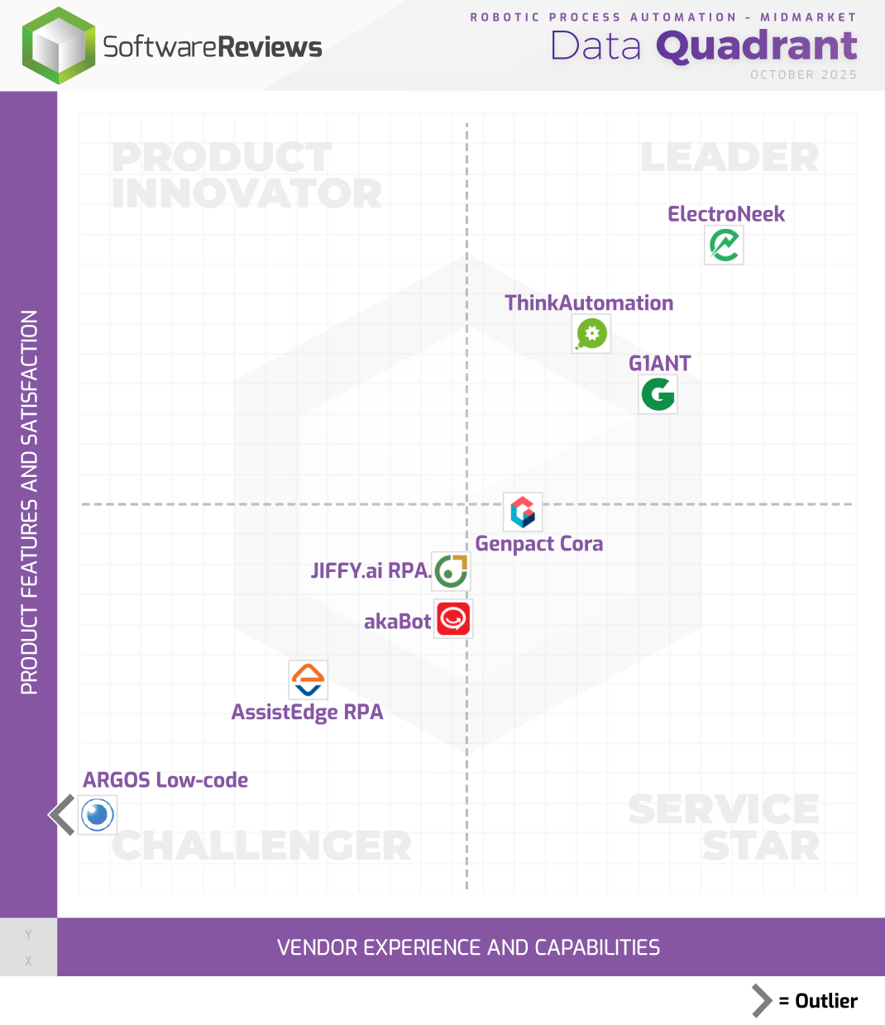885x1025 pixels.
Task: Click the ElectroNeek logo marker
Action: click(724, 245)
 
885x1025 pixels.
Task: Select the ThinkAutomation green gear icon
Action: click(591, 334)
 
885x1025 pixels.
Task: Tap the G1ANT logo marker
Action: click(658, 394)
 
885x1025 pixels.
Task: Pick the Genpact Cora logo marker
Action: click(523, 512)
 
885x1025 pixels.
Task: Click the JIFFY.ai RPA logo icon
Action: click(452, 570)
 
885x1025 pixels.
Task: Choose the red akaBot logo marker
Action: click(453, 619)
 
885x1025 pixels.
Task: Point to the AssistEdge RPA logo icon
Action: click(308, 680)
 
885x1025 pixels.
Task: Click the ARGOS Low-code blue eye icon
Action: click(98, 815)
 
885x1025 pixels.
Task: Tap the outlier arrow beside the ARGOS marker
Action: click(63, 815)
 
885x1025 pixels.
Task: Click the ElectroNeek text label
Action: click(725, 214)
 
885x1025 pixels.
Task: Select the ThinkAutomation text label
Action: click(589, 303)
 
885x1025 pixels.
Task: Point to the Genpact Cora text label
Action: click(538, 544)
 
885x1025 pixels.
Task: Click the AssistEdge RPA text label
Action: click(307, 713)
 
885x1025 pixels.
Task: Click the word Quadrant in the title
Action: click(756, 46)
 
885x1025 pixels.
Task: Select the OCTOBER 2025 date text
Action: click(803, 75)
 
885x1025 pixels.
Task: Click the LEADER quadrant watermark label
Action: click(730, 157)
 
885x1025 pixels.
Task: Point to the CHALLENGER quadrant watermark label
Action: click(261, 846)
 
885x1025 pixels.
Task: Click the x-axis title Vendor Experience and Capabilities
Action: click(468, 947)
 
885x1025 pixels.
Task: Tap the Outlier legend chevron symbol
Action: click(761, 1001)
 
